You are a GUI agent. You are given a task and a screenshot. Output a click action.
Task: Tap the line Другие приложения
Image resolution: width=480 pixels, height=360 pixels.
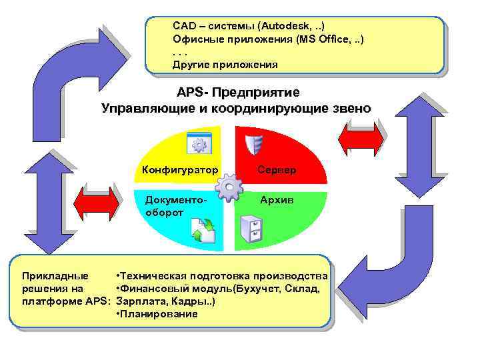click(x=225, y=65)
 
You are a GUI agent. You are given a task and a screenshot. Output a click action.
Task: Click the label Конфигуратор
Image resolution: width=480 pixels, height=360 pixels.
click(x=180, y=169)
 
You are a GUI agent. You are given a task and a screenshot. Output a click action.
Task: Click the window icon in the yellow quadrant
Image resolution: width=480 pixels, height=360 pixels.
click(x=199, y=144)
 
